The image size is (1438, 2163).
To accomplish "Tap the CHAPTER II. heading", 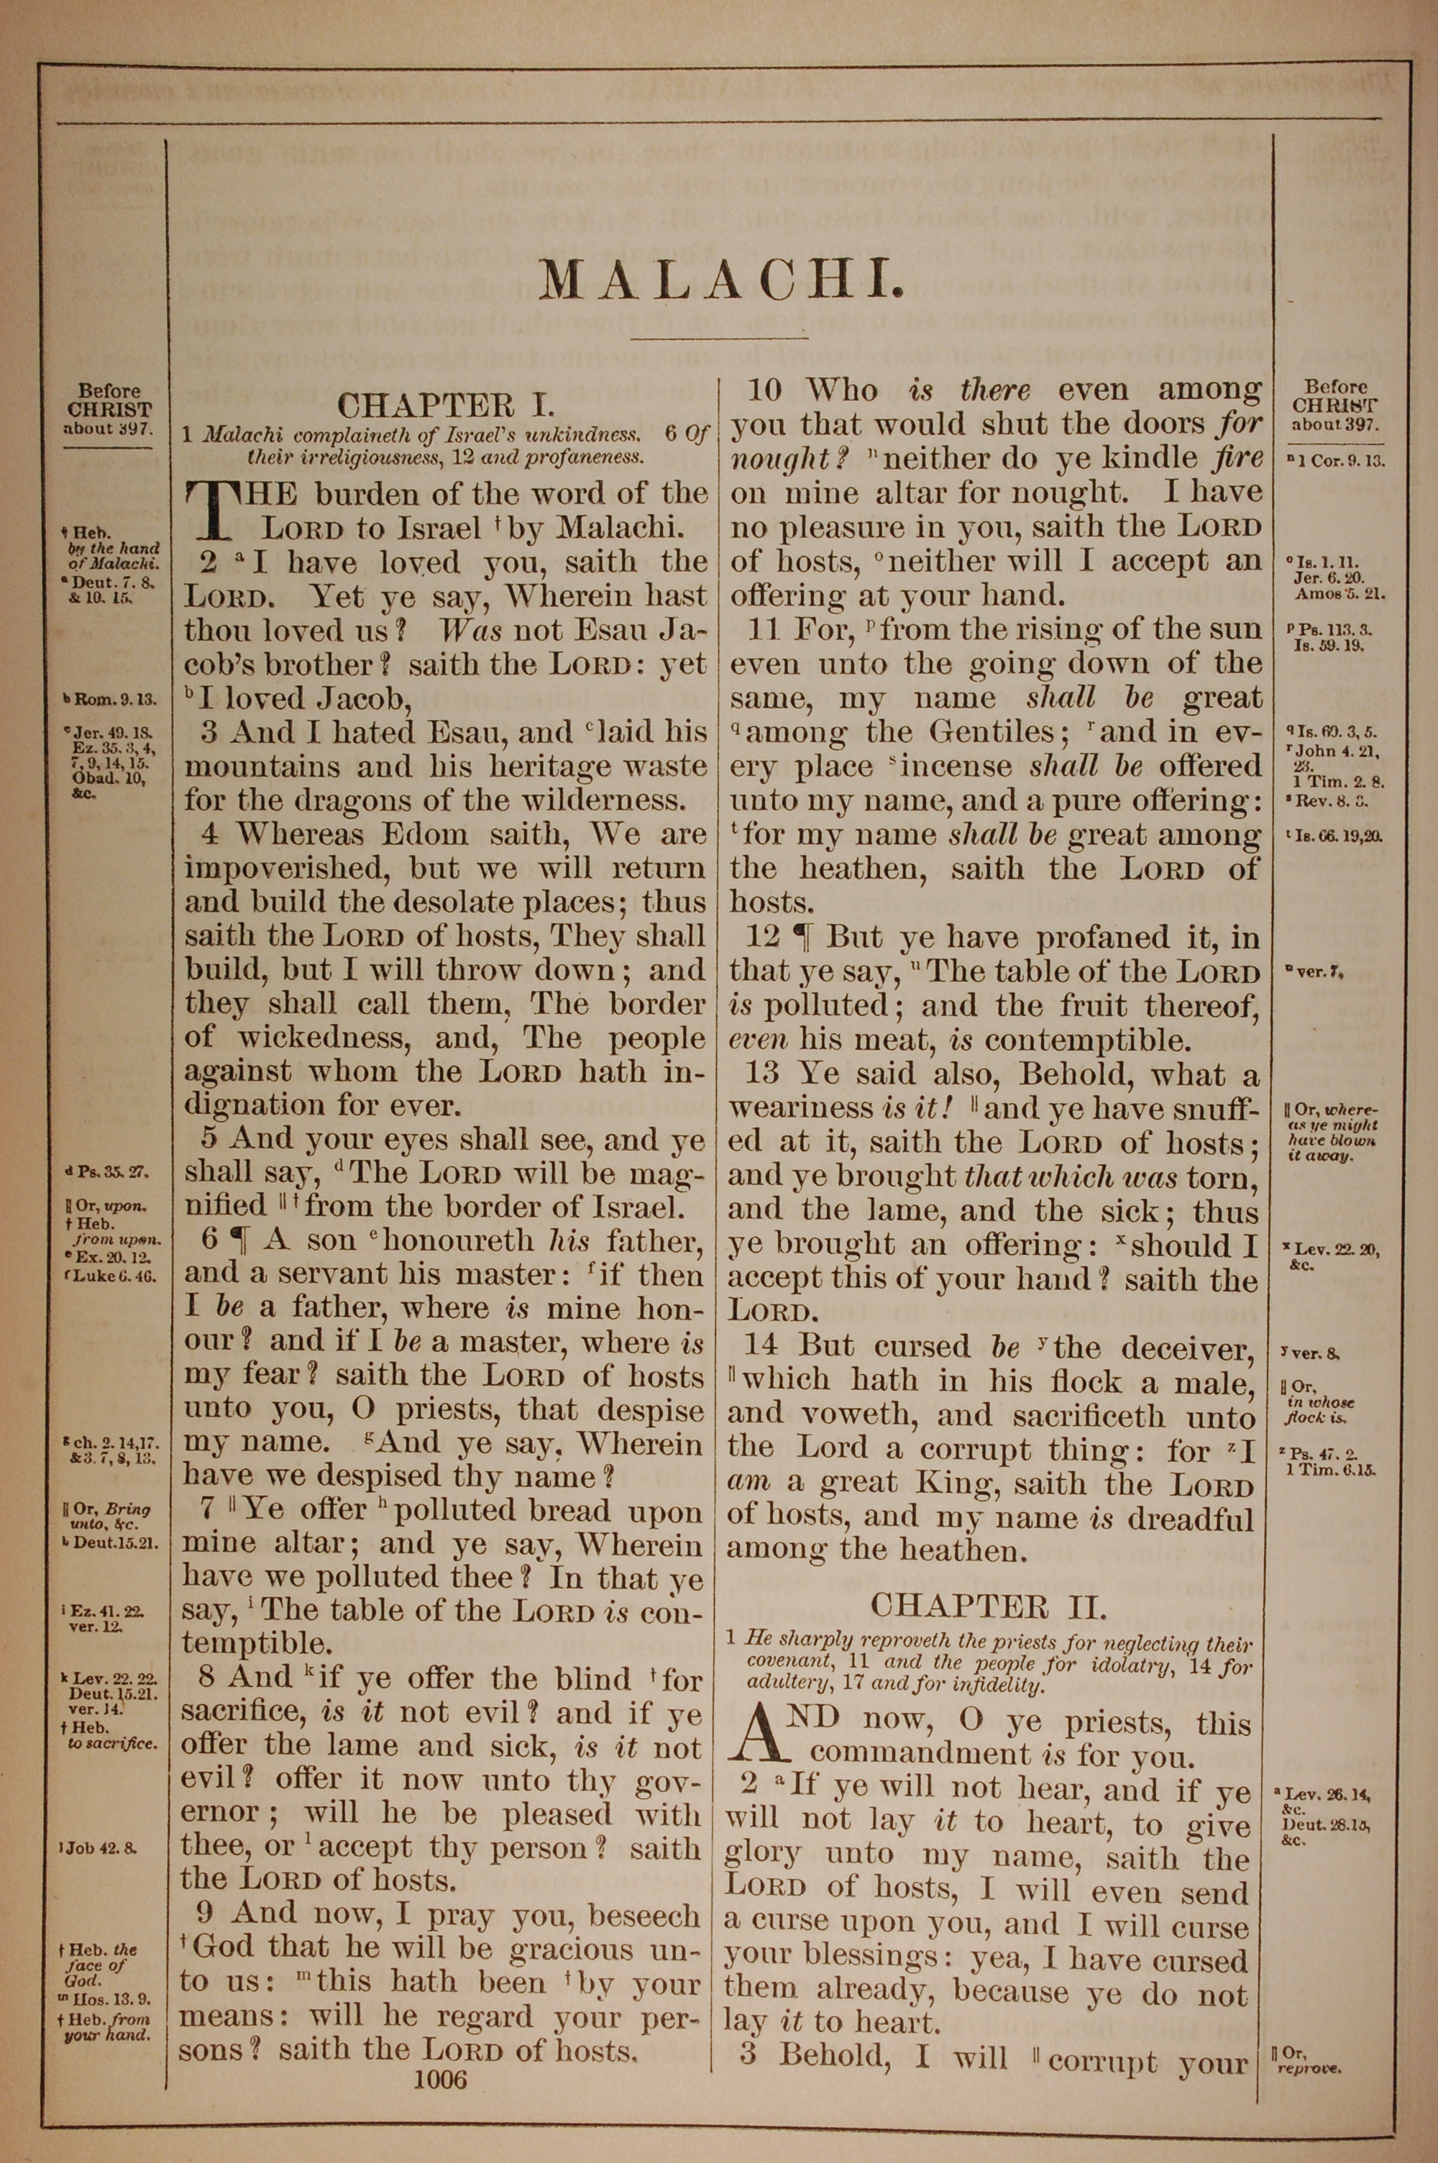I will click(x=989, y=1606).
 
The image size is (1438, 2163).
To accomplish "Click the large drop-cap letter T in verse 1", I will click(x=207, y=511).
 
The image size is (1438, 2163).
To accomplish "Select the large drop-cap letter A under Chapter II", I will click(x=758, y=1737).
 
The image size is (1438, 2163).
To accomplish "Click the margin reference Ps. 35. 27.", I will click(x=107, y=1173).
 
